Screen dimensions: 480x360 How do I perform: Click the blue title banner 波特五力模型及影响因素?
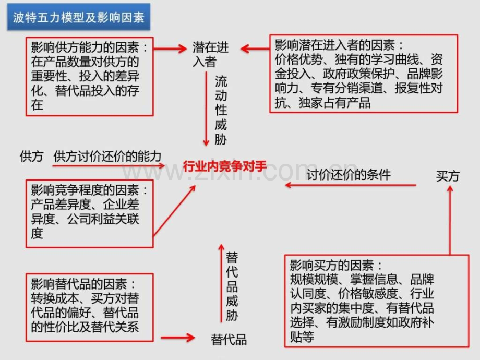coord(79,17)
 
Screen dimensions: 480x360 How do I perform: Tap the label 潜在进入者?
coord(210,54)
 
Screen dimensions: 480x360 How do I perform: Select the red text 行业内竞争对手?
coord(225,166)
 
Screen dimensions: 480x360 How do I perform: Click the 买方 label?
coord(448,176)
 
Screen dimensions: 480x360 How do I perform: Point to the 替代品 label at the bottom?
coord(229,340)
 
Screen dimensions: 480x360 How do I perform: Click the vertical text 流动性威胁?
coord(221,110)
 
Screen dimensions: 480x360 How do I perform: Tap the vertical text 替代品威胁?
coord(232,286)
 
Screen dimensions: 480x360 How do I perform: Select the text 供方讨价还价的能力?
coord(107,157)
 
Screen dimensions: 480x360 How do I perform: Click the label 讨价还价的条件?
coord(349,175)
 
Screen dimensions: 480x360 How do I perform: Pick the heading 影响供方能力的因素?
coord(85,47)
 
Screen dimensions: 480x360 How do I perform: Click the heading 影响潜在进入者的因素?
coord(335,45)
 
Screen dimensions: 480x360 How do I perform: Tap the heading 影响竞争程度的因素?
coord(85,190)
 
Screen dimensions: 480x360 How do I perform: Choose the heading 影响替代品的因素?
coord(79,284)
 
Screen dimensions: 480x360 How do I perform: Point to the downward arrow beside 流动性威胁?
coord(206,109)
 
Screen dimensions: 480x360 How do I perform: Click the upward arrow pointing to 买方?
coord(450,220)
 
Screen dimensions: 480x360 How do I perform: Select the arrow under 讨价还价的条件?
coord(351,185)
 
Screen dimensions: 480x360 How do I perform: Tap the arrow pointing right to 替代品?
coord(178,338)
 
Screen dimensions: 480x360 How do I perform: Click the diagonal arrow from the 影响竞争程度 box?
coord(174,211)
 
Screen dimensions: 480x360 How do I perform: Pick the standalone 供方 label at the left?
coord(31,157)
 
